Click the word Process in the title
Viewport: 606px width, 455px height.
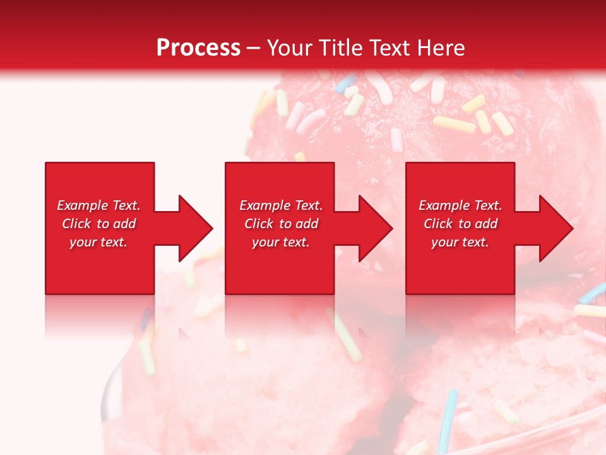[198, 48]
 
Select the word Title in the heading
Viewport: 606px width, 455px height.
[344, 48]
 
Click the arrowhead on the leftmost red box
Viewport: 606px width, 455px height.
[195, 228]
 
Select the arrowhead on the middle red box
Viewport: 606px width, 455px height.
[375, 228]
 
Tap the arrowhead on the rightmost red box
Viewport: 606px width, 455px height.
[555, 228]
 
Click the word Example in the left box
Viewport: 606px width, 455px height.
[83, 205]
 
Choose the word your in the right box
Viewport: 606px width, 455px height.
[445, 242]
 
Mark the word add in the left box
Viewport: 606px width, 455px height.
[125, 224]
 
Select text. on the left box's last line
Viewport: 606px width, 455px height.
[114, 242]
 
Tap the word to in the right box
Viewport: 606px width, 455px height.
[465, 224]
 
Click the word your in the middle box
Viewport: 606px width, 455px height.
[265, 242]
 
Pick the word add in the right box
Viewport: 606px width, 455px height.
[487, 224]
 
